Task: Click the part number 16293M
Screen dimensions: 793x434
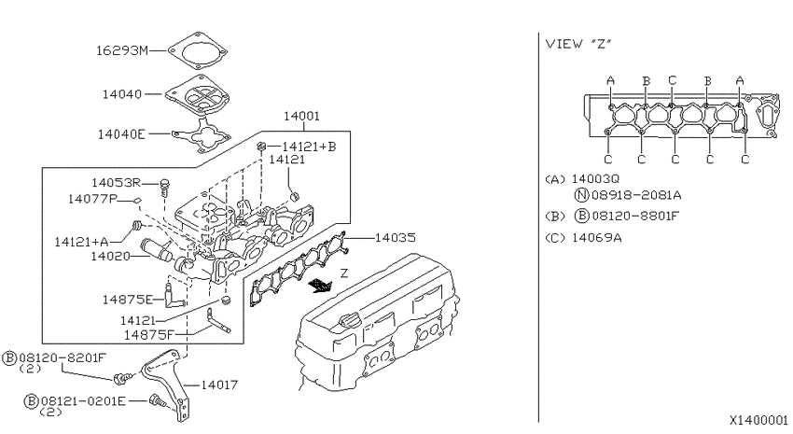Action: tap(122, 50)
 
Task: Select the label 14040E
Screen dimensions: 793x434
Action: tap(121, 134)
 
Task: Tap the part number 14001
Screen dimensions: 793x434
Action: tap(301, 116)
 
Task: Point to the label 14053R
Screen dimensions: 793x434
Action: tap(116, 183)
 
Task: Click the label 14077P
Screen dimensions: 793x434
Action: tap(92, 199)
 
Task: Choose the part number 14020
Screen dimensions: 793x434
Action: tap(110, 257)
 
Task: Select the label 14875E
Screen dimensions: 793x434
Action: tap(128, 300)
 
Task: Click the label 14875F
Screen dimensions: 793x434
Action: tap(149, 335)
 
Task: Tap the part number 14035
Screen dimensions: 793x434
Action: tap(395, 238)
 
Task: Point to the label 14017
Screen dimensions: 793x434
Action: tap(219, 385)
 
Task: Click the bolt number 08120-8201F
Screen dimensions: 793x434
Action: tap(63, 358)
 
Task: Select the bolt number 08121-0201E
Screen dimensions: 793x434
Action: tap(83, 401)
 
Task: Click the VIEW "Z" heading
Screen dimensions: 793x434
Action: tap(578, 44)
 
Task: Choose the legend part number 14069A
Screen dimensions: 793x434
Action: tap(597, 238)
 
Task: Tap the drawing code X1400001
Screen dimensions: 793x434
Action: tap(758, 420)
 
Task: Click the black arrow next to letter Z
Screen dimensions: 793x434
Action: tap(320, 286)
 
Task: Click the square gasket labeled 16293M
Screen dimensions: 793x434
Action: tap(197, 50)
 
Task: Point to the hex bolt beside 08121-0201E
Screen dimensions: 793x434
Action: tap(157, 401)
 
